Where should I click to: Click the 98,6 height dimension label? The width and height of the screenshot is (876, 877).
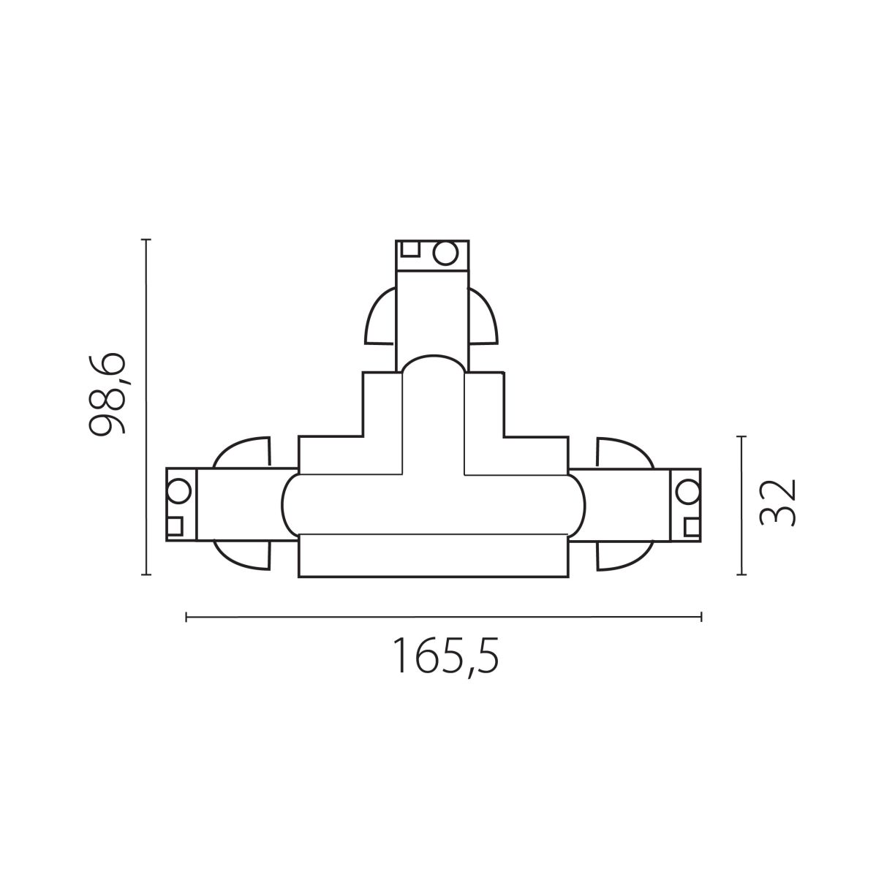107,394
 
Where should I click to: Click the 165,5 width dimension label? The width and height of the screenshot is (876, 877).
446,656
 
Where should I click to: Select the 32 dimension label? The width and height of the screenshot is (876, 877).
777,503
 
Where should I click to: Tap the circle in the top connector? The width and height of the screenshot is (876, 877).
444,253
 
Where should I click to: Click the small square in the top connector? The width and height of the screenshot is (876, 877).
410,248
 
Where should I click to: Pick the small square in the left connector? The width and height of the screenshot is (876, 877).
175,525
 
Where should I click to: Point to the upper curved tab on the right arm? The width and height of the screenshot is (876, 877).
623,453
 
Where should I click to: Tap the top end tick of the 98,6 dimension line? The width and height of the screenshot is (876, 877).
146,239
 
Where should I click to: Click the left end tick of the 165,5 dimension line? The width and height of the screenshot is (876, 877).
187,618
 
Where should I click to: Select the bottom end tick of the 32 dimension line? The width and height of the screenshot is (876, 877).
742,574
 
